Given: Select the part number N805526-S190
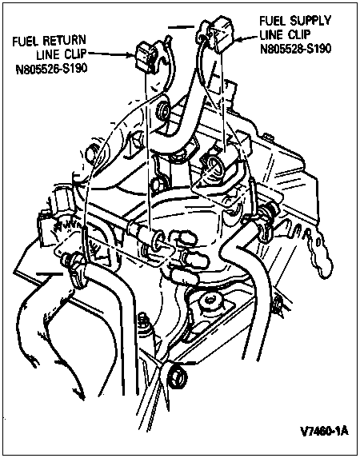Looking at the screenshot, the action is point(51,69).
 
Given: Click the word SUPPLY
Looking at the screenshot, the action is point(310,21).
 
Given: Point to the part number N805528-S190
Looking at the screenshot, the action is point(296,49).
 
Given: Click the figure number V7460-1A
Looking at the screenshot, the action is point(324,431).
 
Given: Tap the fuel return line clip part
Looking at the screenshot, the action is point(146,57).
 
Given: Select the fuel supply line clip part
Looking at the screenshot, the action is point(217,34).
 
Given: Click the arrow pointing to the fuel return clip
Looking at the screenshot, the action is point(112,54).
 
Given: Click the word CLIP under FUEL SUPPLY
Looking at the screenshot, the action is point(298,34).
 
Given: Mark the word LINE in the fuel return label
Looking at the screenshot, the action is point(48,55).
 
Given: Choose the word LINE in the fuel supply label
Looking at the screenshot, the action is point(272,35).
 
